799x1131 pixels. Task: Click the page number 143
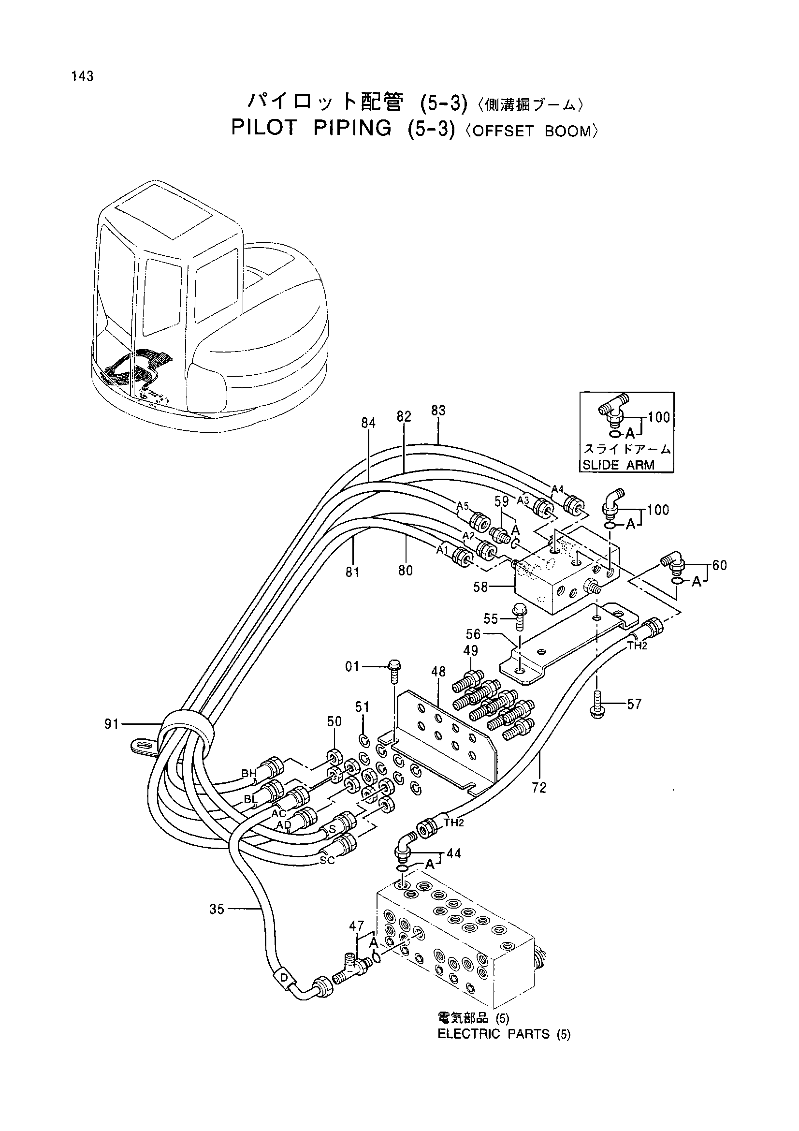[x=82, y=76]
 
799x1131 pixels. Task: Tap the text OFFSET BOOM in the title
[x=531, y=132]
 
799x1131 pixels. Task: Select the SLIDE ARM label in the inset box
[x=619, y=465]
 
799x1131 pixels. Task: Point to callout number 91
[x=112, y=724]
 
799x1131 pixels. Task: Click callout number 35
[x=217, y=910]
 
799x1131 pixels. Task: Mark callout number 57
[x=634, y=705]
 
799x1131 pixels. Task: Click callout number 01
[x=352, y=667]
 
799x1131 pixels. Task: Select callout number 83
[x=438, y=411]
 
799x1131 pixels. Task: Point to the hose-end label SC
[x=327, y=860]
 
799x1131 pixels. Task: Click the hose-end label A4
[x=557, y=489]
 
